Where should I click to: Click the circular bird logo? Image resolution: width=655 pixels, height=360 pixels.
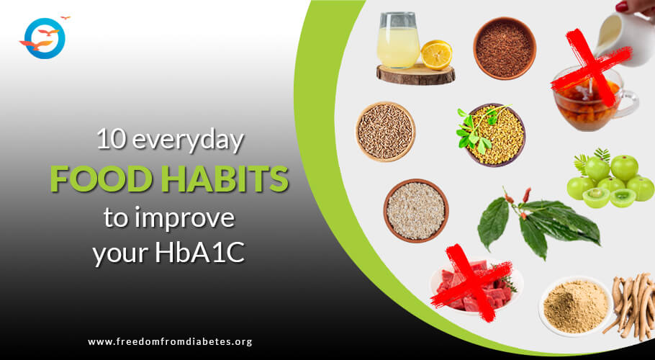pos(45,38)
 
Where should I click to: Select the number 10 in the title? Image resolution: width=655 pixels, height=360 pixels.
pos(110,141)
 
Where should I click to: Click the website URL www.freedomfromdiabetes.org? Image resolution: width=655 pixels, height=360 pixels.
pos(170,341)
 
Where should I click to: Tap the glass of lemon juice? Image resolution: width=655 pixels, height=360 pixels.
pos(398,40)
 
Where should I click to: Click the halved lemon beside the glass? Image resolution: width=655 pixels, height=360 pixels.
pos(436,54)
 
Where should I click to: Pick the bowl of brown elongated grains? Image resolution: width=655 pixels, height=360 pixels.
pos(385,132)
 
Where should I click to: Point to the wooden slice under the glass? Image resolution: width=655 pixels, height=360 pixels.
pos(415,74)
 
